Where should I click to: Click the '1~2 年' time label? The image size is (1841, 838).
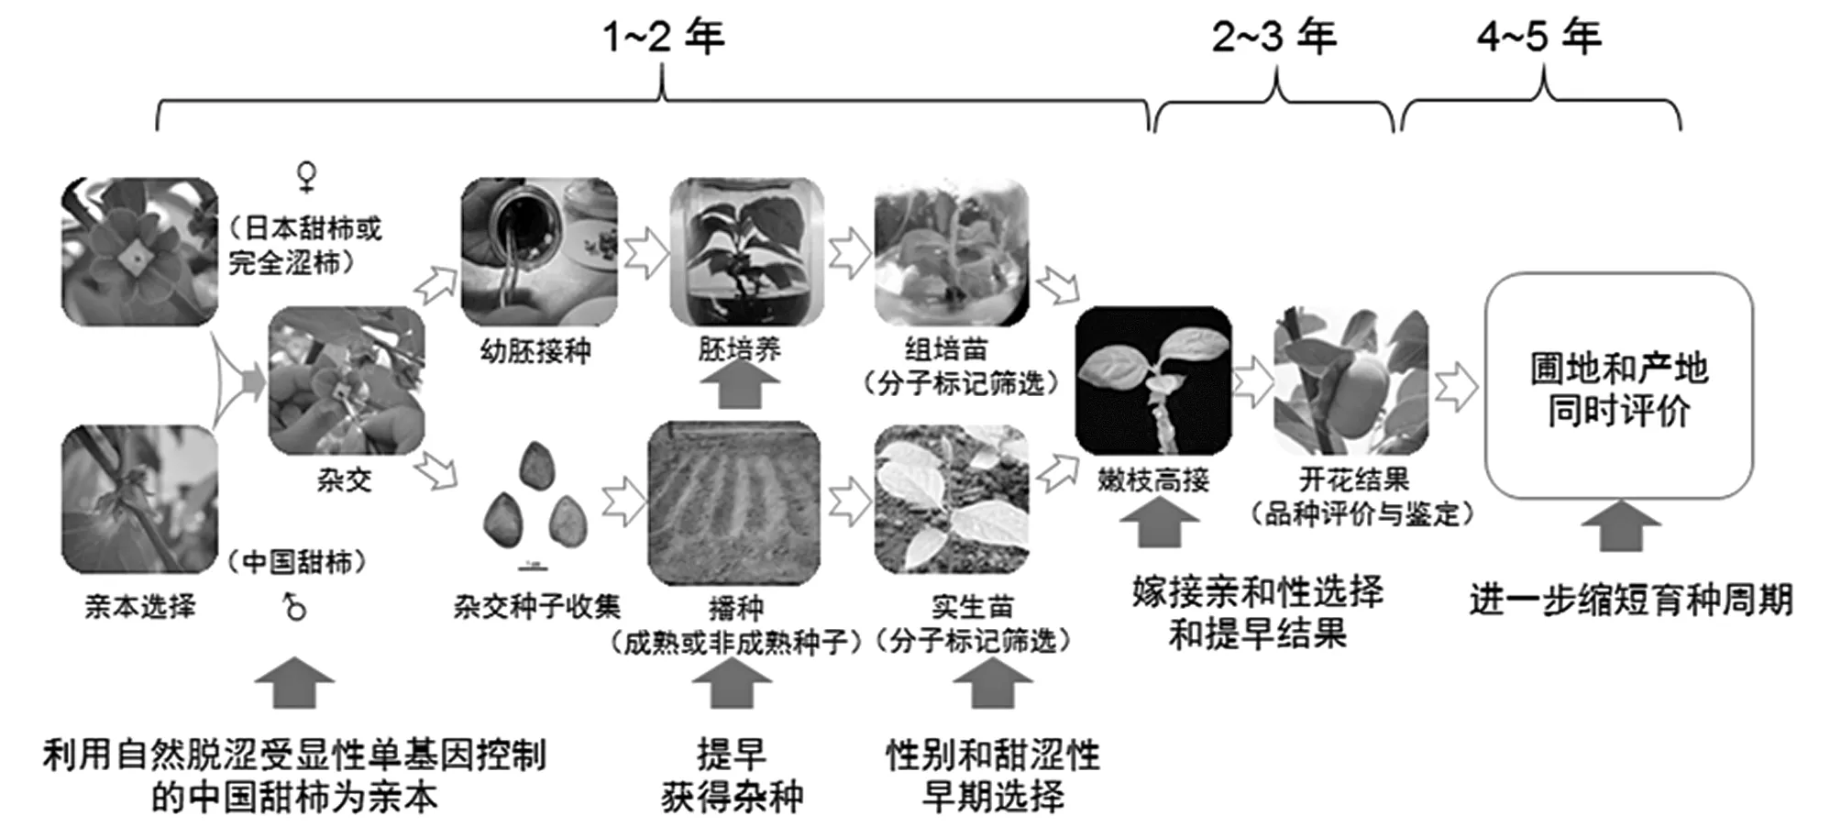[663, 37]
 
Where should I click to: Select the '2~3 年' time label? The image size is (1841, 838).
[1274, 37]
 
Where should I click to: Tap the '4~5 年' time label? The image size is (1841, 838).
[1539, 37]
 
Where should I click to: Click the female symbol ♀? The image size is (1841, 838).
[307, 176]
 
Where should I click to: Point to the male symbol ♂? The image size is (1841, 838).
[294, 606]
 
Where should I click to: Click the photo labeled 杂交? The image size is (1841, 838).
[347, 381]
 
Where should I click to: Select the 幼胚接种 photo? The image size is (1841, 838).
[539, 252]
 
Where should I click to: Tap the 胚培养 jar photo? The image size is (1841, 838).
[746, 252]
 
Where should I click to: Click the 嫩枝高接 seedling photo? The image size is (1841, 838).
[1153, 381]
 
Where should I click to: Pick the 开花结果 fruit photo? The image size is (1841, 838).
[1350, 381]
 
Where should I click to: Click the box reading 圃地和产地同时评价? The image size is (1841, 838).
[1618, 386]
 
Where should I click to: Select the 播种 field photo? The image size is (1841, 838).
[734, 502]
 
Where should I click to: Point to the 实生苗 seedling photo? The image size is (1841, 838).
[952, 500]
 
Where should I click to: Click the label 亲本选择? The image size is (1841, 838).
[140, 606]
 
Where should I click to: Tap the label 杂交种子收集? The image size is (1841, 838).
[537, 606]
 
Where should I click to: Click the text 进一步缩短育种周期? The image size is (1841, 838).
[1631, 601]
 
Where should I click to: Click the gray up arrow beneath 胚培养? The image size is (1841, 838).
[740, 384]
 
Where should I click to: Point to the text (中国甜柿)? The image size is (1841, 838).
[297, 561]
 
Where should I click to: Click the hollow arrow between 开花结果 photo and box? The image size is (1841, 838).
[1456, 386]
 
